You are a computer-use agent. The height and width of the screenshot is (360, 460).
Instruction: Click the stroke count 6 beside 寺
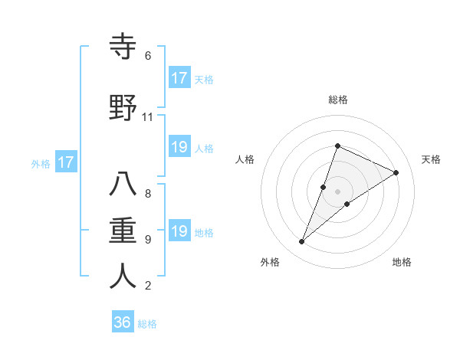tap(148, 56)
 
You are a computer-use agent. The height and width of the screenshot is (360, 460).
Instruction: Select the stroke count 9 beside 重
tap(148, 239)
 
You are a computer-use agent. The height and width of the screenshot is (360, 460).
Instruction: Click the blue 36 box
tap(123, 322)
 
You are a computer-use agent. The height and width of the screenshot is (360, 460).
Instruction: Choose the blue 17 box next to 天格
tap(179, 78)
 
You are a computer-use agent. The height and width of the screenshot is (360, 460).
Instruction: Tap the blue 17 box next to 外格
tap(65, 162)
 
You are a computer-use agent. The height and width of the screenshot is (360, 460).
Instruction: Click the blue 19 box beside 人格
tap(179, 147)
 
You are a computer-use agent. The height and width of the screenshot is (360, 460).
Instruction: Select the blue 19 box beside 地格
tap(179, 231)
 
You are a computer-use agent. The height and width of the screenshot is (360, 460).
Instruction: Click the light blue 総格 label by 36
tap(147, 324)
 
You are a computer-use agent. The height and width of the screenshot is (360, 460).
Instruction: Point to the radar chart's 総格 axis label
tap(338, 100)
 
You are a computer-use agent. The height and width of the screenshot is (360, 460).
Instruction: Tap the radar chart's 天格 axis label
tap(431, 159)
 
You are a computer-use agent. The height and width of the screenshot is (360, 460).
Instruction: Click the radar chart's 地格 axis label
tap(402, 263)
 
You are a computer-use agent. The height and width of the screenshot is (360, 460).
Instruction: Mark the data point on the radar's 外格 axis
tap(302, 242)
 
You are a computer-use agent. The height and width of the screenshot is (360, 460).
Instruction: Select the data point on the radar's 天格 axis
tap(396, 172)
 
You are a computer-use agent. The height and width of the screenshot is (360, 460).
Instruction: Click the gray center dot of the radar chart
tap(338, 191)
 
